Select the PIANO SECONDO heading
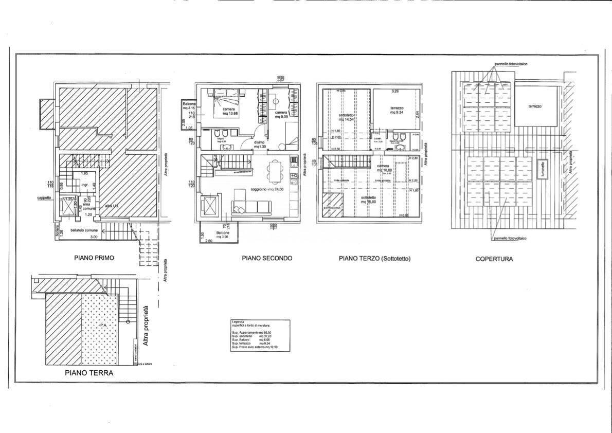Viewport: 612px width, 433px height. (x=267, y=258)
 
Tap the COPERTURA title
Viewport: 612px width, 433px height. (x=494, y=259)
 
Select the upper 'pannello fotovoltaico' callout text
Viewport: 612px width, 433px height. (x=510, y=64)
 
